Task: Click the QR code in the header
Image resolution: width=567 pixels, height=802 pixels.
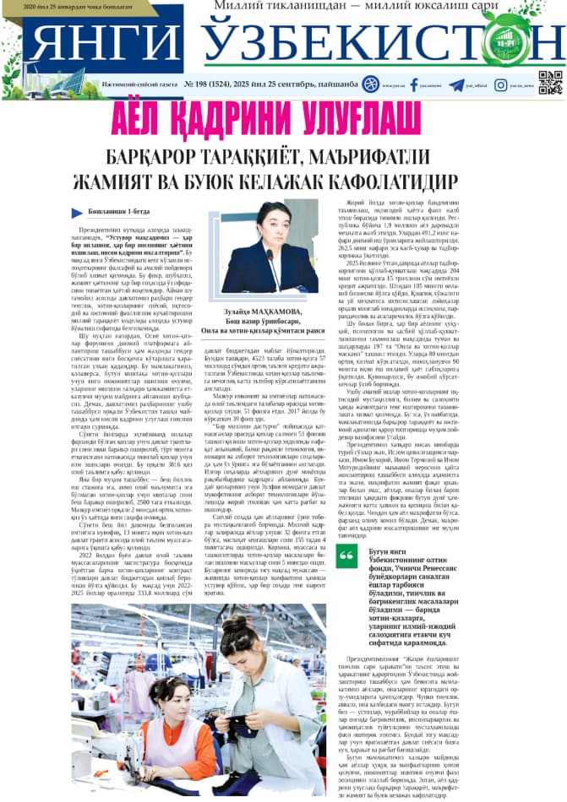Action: (x=550, y=83)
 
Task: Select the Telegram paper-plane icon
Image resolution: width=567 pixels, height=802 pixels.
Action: (x=457, y=84)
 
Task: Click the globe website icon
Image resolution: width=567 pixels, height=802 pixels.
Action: (x=371, y=84)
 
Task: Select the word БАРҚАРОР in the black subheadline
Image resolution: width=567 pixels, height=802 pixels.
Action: (x=154, y=156)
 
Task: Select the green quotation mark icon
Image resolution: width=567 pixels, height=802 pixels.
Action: (x=346, y=555)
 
